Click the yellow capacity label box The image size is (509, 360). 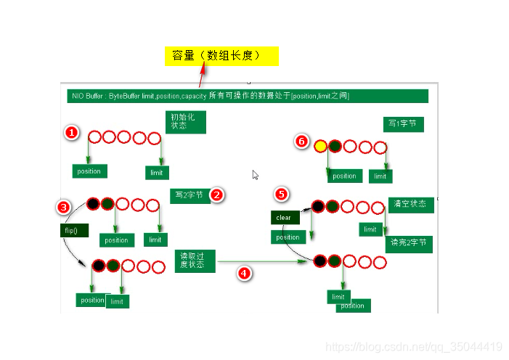pos(221,56)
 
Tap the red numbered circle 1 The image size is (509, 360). pos(71,133)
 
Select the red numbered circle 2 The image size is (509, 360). pos(216,195)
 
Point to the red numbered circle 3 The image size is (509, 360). pos(64,207)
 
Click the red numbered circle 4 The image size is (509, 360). pos(244,273)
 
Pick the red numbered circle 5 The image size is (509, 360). pos(282,194)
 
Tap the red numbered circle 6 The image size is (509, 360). pos(302,142)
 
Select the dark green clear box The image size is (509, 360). pos(285,218)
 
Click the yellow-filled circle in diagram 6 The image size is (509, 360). pos(320,146)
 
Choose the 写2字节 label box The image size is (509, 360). pos(190,195)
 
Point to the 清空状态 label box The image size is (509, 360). pos(411,204)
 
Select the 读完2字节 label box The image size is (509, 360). pos(409,243)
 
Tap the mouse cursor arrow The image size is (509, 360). pos(255,174)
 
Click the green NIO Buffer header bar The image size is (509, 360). pos(245,96)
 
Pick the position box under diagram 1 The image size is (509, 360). pos(89,171)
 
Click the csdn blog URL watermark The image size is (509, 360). pos(414,347)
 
